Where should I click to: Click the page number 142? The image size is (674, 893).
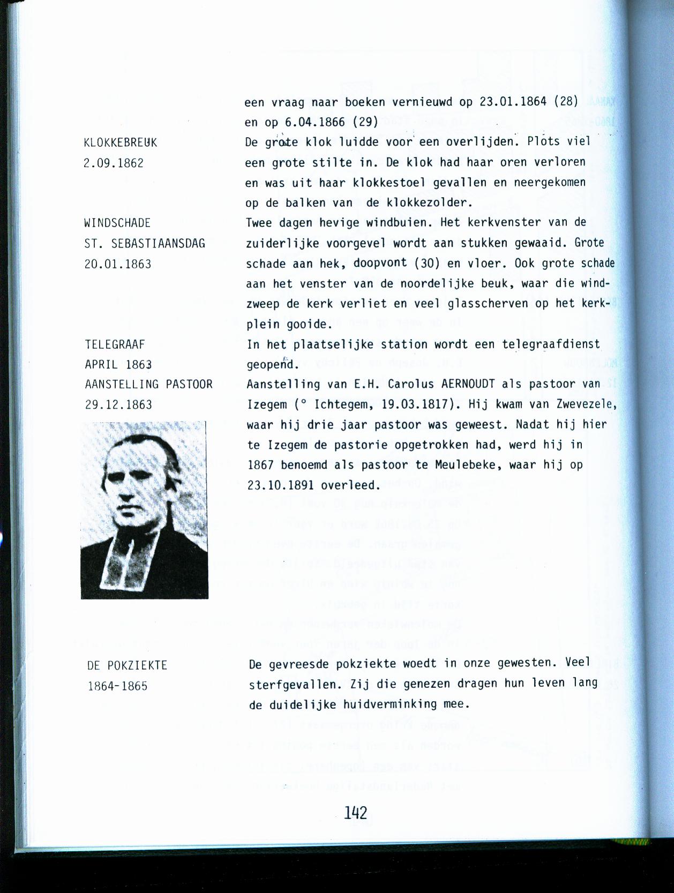pos(356,813)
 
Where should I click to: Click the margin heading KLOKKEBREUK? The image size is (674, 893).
pos(121,143)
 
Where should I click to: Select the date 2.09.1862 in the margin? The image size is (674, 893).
pos(114,163)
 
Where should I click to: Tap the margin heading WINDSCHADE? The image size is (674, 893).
pos(117,223)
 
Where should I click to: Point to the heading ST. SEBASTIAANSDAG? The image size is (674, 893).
pos(145,244)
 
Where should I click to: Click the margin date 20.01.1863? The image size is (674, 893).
pos(118,264)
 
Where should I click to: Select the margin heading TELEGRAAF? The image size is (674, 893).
pos(115,344)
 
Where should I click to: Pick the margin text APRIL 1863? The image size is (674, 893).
pos(118,365)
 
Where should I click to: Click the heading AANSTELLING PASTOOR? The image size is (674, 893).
pos(149,385)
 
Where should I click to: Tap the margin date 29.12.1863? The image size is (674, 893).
pos(118,405)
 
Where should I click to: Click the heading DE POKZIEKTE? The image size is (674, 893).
pos(128,666)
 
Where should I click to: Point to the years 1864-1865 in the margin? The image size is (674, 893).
pos(118,686)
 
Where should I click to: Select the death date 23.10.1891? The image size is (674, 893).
pos(281,485)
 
